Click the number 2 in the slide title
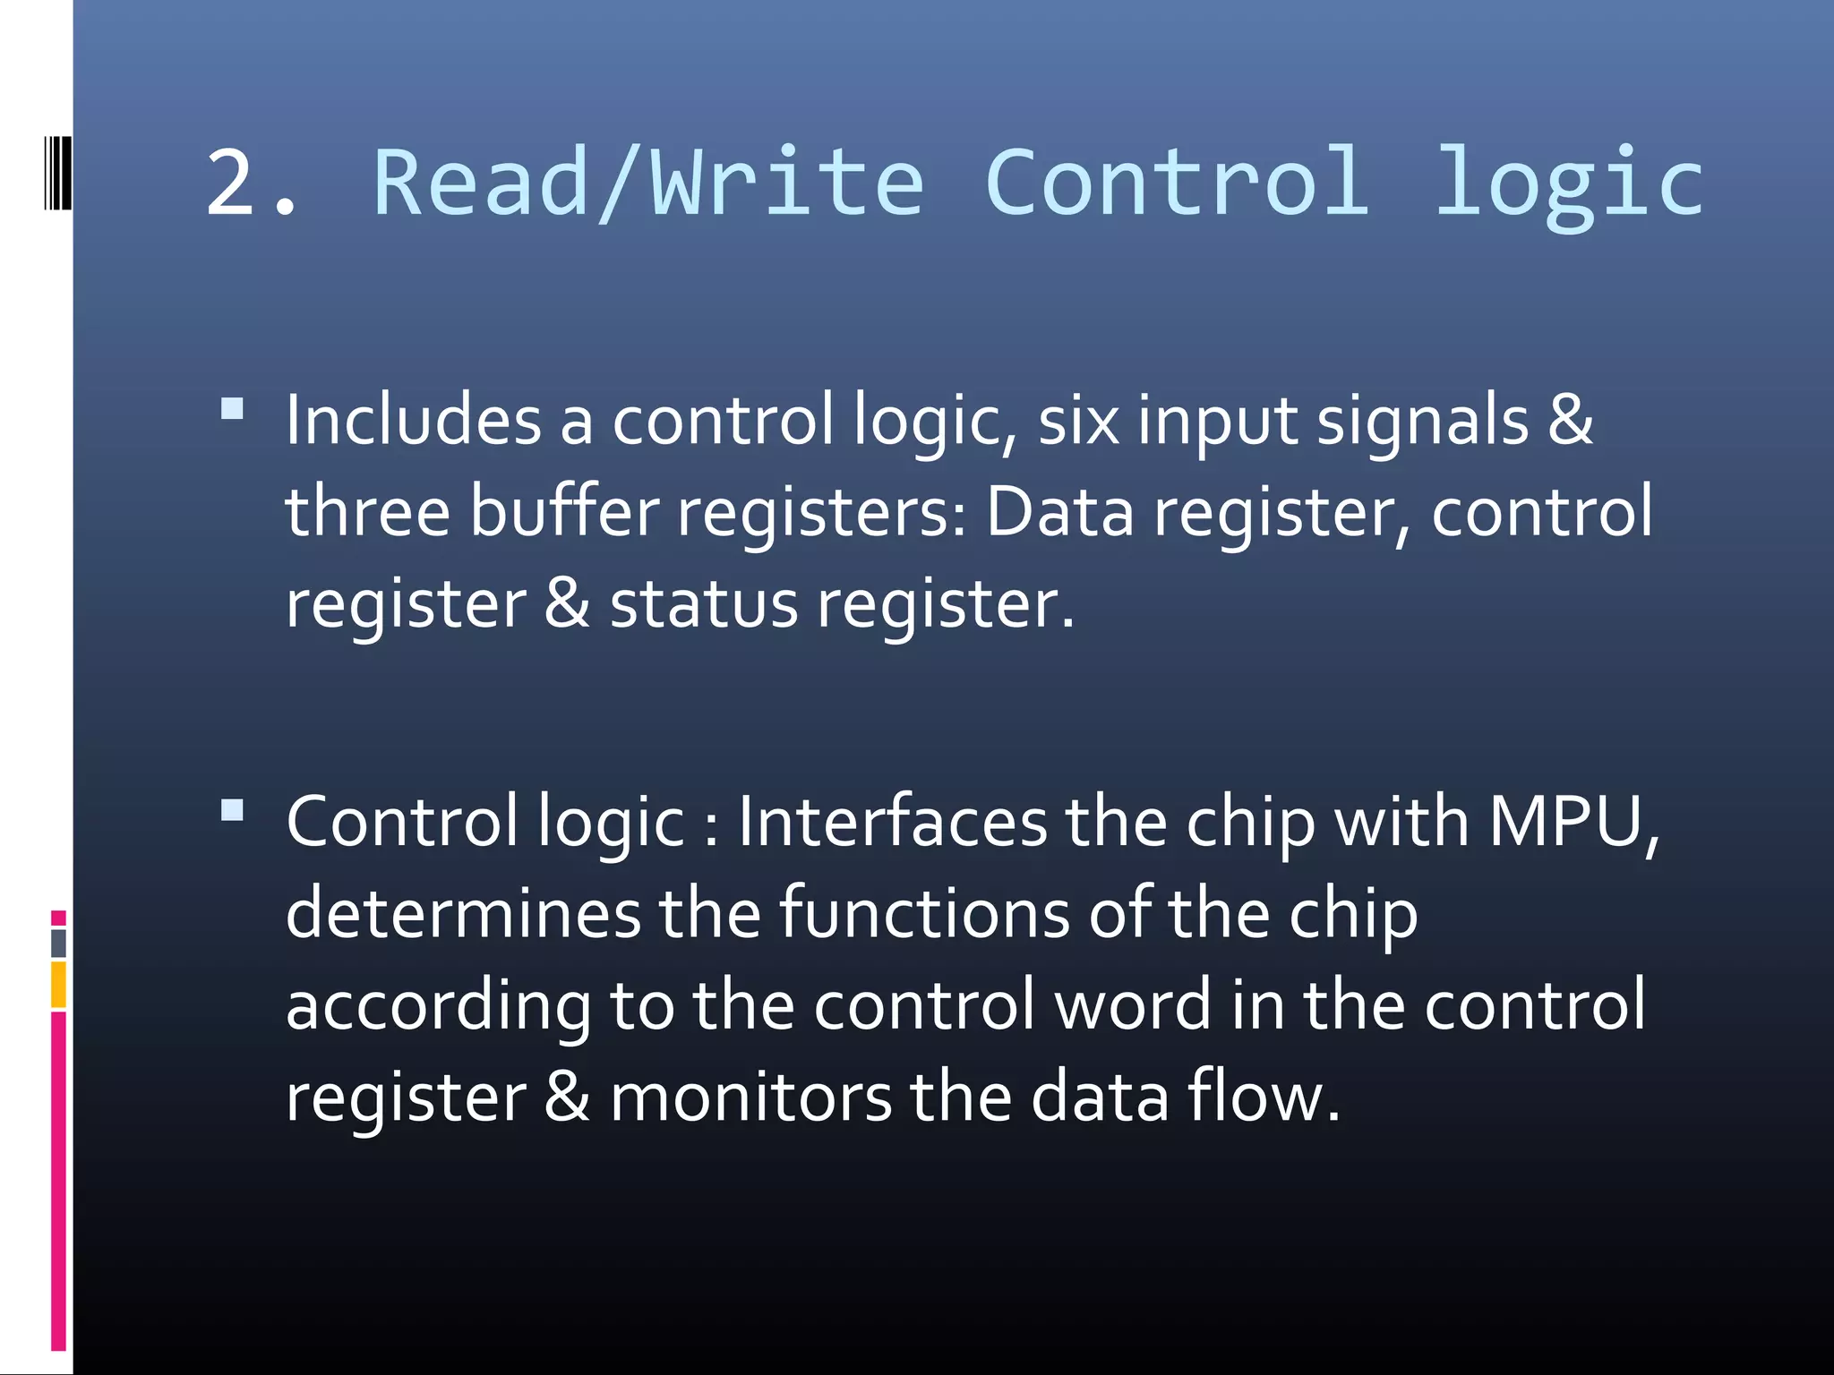pyautogui.click(x=231, y=184)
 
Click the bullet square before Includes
pyautogui.click(x=233, y=410)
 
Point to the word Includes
pyautogui.click(x=413, y=420)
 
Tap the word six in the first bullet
pyautogui.click(x=1078, y=420)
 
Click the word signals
pyautogui.click(x=1422, y=420)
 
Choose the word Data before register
pyautogui.click(x=1060, y=511)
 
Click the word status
pyautogui.click(x=703, y=603)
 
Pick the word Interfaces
pyautogui.click(x=892, y=822)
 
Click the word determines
pyautogui.click(x=463, y=913)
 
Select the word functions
pyautogui.click(x=924, y=913)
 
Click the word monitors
pyautogui.click(x=750, y=1097)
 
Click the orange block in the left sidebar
pyautogui.click(x=58, y=985)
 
